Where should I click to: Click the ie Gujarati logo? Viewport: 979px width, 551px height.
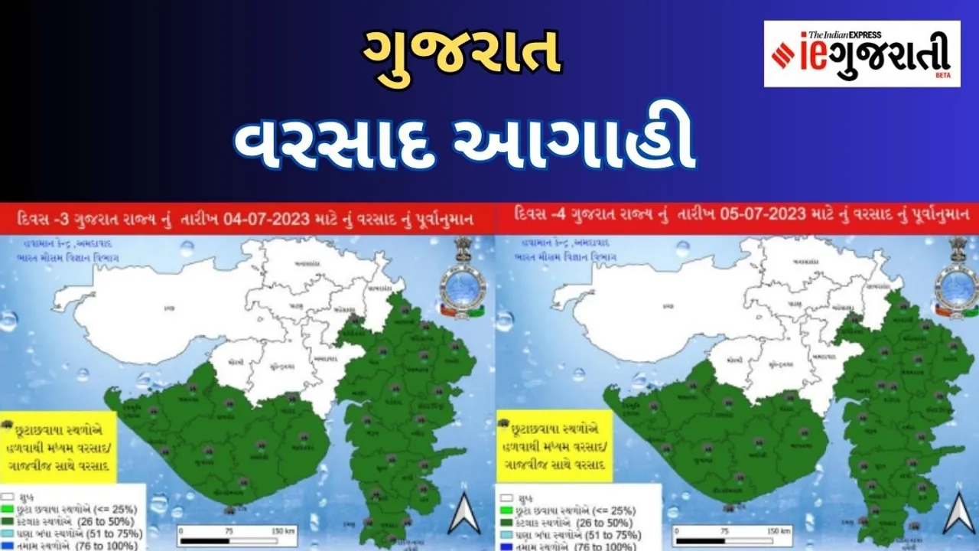point(861,54)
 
